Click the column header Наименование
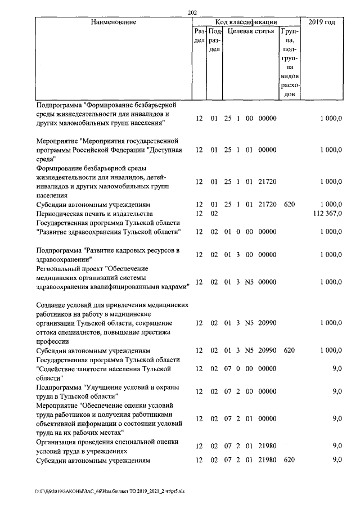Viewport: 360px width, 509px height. pos(114,22)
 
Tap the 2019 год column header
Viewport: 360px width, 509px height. pos(322,22)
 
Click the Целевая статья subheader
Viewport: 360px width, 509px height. pos(250,31)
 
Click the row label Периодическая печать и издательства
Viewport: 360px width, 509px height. pos(94,214)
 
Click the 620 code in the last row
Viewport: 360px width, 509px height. pos(289,460)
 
